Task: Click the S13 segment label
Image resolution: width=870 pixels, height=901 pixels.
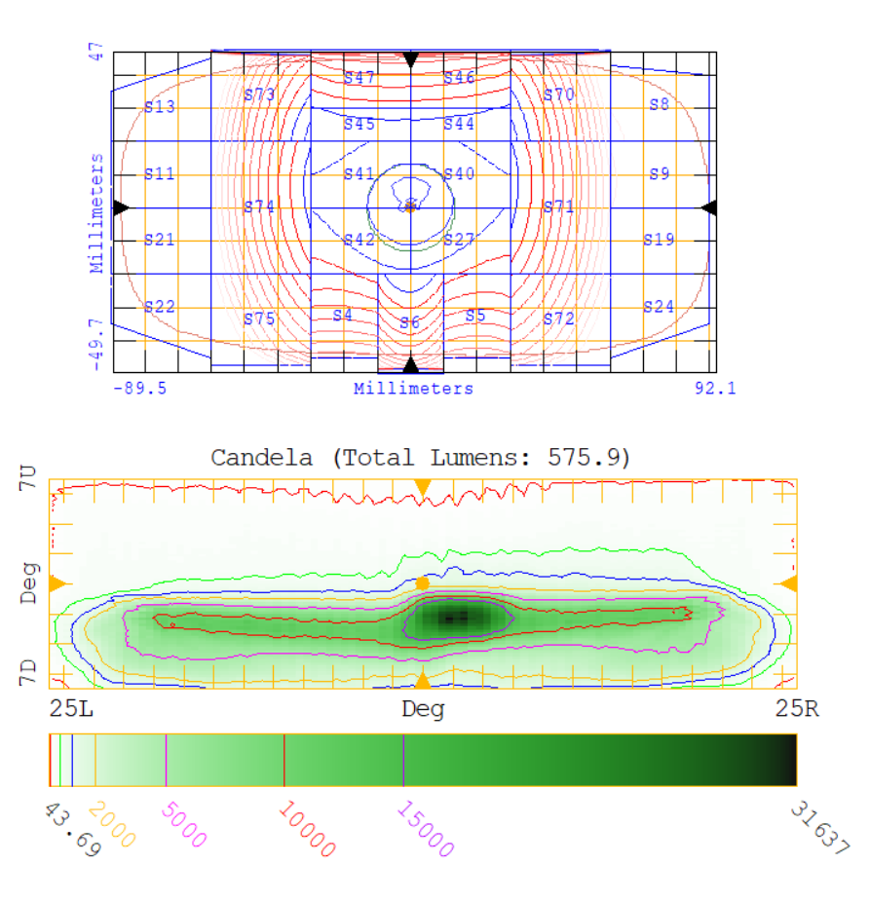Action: [160, 107]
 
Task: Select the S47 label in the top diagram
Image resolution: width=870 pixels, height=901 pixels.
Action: [359, 78]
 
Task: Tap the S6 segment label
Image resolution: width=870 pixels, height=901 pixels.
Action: [409, 322]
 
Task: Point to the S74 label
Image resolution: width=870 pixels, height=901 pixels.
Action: [259, 206]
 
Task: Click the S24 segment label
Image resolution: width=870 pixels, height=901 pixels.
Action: [659, 307]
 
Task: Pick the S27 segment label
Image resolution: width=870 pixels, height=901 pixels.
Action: [459, 240]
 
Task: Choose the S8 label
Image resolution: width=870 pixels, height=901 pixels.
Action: [660, 104]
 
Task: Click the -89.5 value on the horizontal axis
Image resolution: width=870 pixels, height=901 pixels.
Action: [139, 389]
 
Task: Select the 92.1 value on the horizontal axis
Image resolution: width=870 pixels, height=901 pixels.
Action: [715, 389]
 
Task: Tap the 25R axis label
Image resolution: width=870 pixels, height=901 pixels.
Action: [797, 709]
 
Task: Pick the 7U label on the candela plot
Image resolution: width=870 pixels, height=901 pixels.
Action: [28, 477]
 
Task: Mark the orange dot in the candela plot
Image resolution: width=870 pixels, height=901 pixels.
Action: [422, 582]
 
